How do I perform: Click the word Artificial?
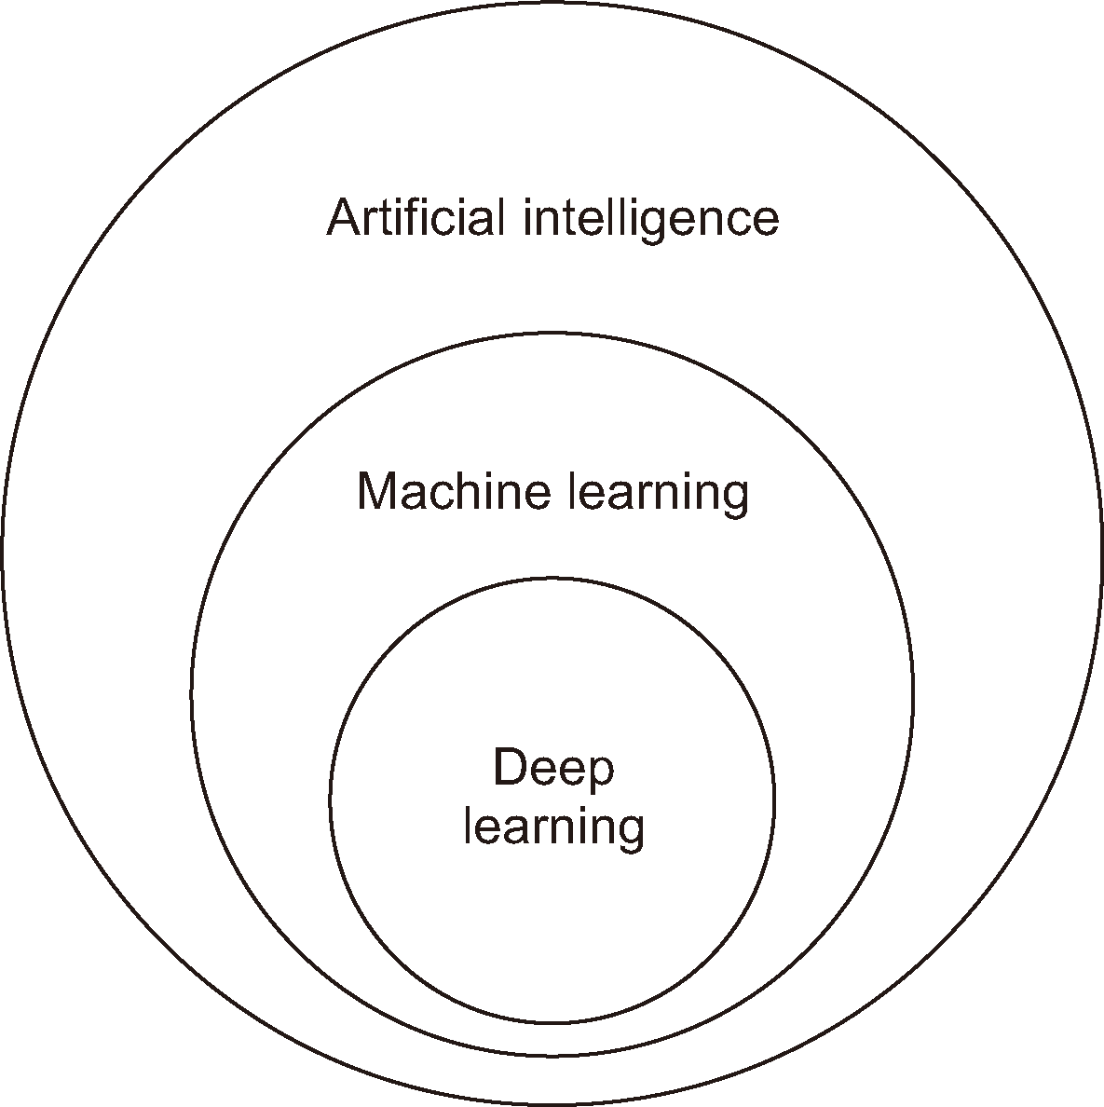[416, 218]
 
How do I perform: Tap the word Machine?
[454, 491]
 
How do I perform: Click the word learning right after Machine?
[658, 493]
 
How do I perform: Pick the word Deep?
[553, 770]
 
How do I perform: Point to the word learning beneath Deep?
[553, 827]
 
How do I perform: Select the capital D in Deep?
[509, 769]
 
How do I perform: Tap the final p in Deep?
[602, 773]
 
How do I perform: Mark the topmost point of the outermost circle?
[552, 3]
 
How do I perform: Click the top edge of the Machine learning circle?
[552, 333]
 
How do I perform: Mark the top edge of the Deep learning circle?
[552, 578]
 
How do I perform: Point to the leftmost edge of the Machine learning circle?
[192, 693]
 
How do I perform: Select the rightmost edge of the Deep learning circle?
[773, 799]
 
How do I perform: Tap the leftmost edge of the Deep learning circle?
[330, 799]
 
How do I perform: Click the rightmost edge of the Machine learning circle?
[913, 693]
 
